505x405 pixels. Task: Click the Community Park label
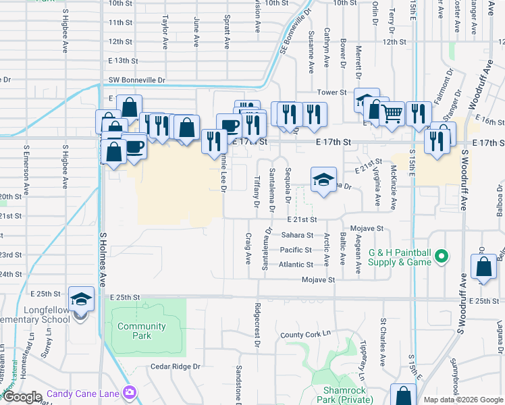tap(141, 331)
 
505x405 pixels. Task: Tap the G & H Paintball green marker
tap(442, 256)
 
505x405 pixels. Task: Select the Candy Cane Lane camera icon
tap(130, 392)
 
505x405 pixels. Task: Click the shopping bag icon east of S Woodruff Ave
tap(484, 267)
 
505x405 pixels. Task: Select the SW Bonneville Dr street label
tap(137, 80)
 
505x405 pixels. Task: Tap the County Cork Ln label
tap(307, 335)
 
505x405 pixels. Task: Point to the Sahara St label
tap(297, 235)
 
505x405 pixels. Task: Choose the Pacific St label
tap(296, 250)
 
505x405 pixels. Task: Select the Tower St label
tap(332, 92)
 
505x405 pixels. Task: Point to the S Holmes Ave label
tap(103, 259)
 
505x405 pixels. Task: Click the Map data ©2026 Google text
tap(462, 400)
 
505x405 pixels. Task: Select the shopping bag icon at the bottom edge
tap(403, 396)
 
